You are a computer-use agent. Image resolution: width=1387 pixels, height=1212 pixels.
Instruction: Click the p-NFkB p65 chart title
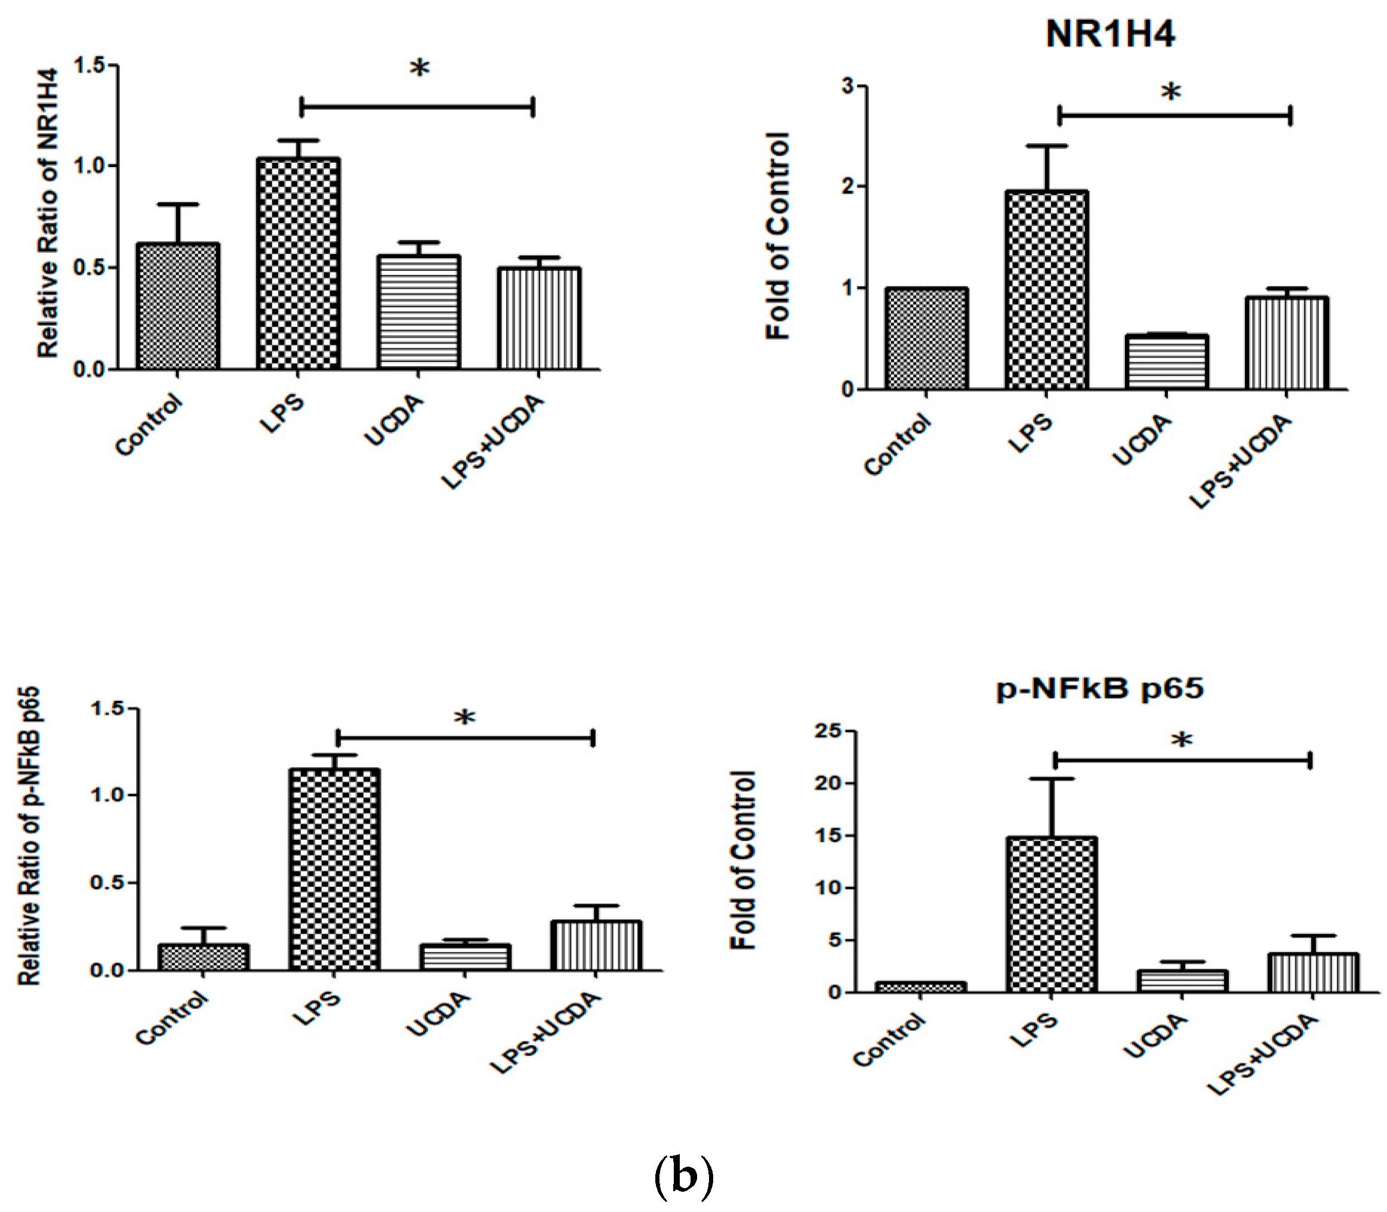pyautogui.click(x=1100, y=689)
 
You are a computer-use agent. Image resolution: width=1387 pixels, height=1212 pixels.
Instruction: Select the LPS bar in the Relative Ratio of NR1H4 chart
pyautogui.click(x=298, y=264)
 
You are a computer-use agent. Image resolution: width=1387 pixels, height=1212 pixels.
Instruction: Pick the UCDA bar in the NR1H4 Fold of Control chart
pyautogui.click(x=1166, y=362)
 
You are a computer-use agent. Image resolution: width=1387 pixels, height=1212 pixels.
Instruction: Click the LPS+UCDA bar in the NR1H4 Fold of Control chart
pyautogui.click(x=1286, y=343)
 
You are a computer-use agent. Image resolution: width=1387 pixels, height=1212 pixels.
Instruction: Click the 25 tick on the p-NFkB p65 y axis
pyautogui.click(x=827, y=732)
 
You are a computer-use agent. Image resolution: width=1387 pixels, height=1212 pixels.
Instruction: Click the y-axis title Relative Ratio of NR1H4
pyautogui.click(x=47, y=213)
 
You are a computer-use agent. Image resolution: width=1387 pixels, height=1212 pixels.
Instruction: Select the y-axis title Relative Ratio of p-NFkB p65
pyautogui.click(x=29, y=836)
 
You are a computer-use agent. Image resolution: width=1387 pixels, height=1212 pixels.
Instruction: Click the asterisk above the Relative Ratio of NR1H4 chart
pyautogui.click(x=420, y=69)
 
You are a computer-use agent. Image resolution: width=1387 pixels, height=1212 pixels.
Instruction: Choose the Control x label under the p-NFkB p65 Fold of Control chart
pyautogui.click(x=888, y=1039)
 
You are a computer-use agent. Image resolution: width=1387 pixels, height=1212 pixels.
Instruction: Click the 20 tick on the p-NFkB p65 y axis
pyautogui.click(x=827, y=783)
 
